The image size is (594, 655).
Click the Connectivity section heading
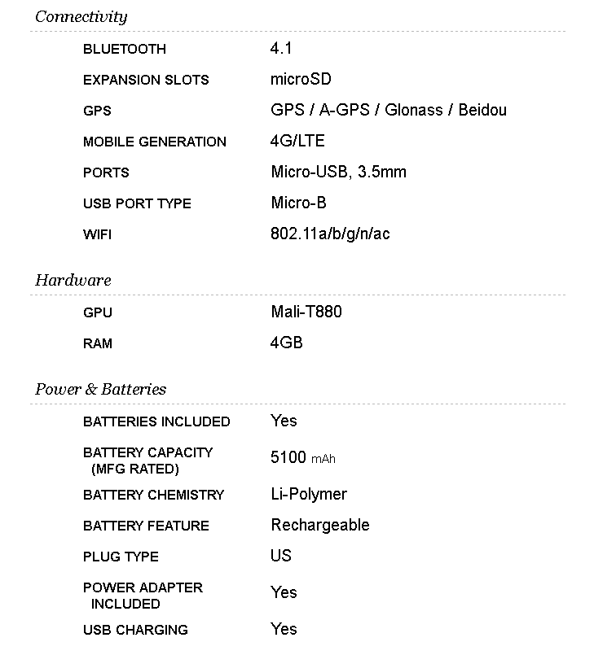[81, 17]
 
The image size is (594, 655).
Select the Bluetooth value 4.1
[281, 49]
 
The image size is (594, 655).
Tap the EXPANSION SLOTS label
[146, 80]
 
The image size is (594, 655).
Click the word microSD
[301, 80]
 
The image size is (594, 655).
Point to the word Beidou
[482, 110]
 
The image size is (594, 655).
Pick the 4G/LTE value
[297, 141]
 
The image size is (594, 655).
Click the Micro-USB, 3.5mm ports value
[338, 172]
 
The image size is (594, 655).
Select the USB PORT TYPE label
[137, 203]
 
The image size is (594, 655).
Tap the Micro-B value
[298, 203]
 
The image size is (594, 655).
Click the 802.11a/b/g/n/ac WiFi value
[330, 234]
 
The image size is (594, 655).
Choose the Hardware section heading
[73, 281]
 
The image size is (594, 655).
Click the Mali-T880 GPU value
[306, 312]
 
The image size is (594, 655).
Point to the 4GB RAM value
[287, 343]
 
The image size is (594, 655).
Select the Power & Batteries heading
[100, 390]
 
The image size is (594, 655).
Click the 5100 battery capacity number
[288, 458]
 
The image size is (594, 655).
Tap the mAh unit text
[323, 459]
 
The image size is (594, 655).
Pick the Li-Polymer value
[309, 494]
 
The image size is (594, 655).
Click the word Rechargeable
[320, 525]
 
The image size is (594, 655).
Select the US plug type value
[281, 556]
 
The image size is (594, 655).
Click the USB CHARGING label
[135, 630]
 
